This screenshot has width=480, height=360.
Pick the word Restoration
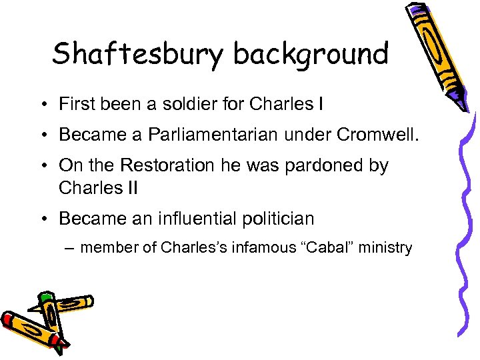(x=170, y=165)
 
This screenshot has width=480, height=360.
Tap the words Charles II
(x=98, y=187)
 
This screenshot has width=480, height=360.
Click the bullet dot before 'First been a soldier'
(x=42, y=105)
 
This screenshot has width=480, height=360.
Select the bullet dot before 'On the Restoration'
(x=42, y=165)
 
